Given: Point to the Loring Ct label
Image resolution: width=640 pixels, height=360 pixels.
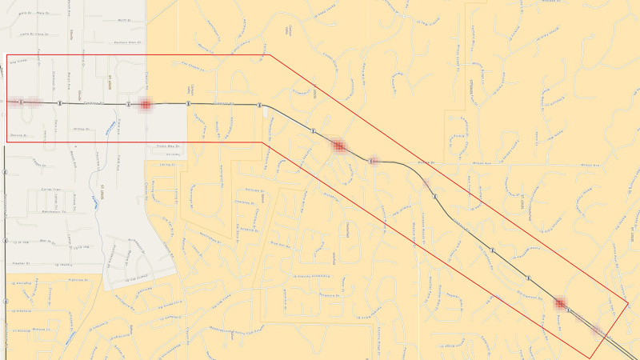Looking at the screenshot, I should pos(167,165).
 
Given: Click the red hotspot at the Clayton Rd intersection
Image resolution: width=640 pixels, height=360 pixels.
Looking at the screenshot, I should pos(145,104).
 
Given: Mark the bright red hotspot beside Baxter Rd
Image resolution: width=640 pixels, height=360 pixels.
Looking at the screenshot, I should pos(338,146).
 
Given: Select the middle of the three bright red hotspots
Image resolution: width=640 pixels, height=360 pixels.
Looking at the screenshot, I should pos(338,146).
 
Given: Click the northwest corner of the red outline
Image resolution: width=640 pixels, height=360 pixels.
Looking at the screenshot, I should pos(7,55).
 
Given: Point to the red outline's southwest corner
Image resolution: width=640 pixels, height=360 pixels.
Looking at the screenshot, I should pos(7,142).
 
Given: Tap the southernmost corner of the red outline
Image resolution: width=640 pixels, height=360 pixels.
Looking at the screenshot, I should pos(590,358).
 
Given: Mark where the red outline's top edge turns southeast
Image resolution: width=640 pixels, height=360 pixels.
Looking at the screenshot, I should pos(270,55).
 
